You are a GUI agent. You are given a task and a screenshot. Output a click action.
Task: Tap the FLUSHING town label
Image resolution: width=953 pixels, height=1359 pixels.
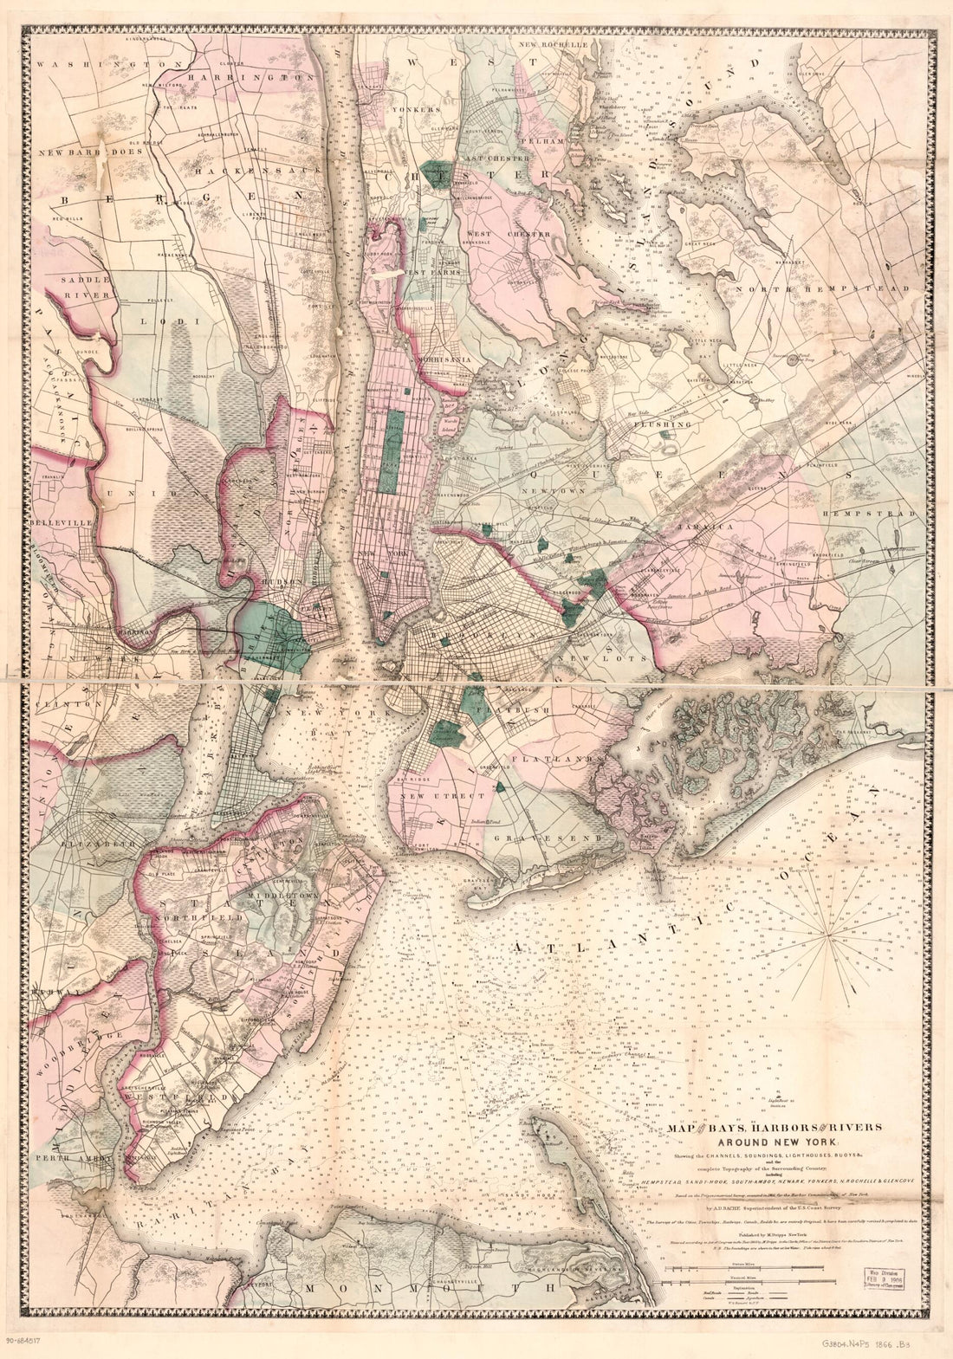tap(664, 425)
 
